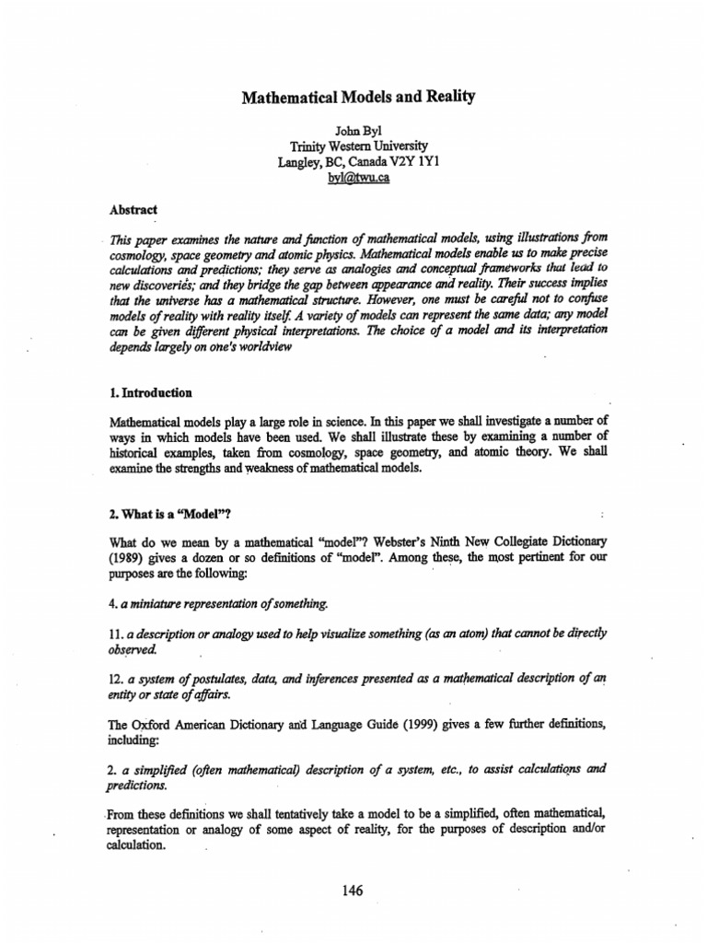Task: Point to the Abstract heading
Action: point(133,209)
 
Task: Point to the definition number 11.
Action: point(116,634)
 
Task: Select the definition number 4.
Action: point(113,603)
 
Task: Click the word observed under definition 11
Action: point(132,649)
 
